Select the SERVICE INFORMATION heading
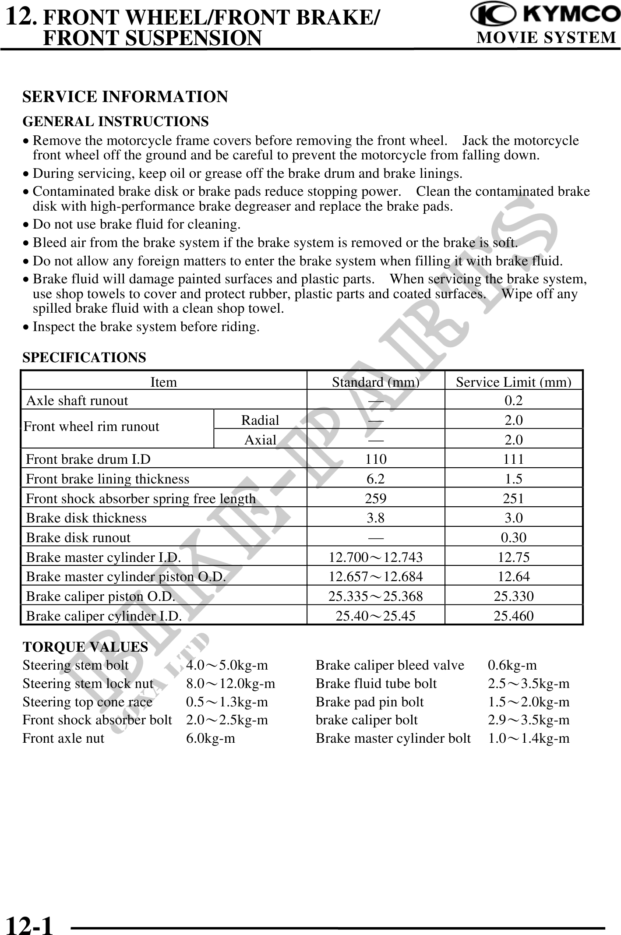(125, 97)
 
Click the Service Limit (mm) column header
(513, 382)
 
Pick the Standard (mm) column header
(375, 382)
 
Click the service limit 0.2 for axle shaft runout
(513, 400)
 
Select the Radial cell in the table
(260, 420)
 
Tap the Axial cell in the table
(260, 440)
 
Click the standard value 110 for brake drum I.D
(376, 459)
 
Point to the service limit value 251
(513, 498)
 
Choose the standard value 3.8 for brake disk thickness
(376, 518)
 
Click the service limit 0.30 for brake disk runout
(513, 537)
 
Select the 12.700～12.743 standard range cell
(376, 557)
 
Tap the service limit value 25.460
(513, 616)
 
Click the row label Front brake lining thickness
(108, 479)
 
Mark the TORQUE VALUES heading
(85, 647)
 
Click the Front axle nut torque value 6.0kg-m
(211, 738)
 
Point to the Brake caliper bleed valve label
(390, 665)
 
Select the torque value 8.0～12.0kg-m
(231, 684)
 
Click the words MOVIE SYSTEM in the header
(546, 38)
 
